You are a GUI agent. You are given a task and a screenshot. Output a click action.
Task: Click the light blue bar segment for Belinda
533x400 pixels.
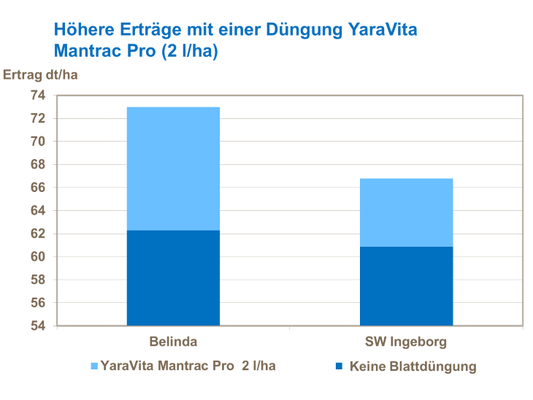(173, 169)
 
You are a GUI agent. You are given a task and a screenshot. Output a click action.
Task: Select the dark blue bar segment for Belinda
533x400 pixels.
(173, 278)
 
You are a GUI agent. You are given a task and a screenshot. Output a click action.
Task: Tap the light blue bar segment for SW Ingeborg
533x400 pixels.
(406, 212)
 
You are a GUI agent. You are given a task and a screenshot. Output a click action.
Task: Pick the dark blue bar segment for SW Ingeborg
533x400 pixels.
(406, 286)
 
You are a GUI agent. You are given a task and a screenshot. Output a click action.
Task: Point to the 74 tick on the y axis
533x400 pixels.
(37, 96)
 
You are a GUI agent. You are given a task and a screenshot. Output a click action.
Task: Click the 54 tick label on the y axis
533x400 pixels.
(37, 326)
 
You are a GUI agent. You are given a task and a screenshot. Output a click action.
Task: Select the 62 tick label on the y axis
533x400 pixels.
(37, 234)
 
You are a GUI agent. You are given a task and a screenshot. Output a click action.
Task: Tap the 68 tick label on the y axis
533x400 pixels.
(37, 165)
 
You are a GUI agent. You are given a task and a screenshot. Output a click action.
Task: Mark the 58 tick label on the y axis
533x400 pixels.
(37, 280)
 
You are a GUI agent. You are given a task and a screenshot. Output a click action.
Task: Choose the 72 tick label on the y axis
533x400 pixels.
(37, 119)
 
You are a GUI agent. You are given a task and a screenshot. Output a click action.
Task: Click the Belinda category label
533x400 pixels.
(173, 342)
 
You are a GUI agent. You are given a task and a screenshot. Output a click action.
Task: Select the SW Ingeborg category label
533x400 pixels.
(406, 342)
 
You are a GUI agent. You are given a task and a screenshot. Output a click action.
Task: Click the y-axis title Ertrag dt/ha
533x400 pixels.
(40, 75)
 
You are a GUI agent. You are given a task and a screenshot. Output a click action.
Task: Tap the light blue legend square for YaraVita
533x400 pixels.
(93, 366)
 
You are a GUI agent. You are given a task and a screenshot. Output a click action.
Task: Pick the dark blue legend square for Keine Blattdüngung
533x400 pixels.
(337, 366)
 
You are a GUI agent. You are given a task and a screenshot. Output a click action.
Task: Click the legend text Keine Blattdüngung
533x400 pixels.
(413, 366)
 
